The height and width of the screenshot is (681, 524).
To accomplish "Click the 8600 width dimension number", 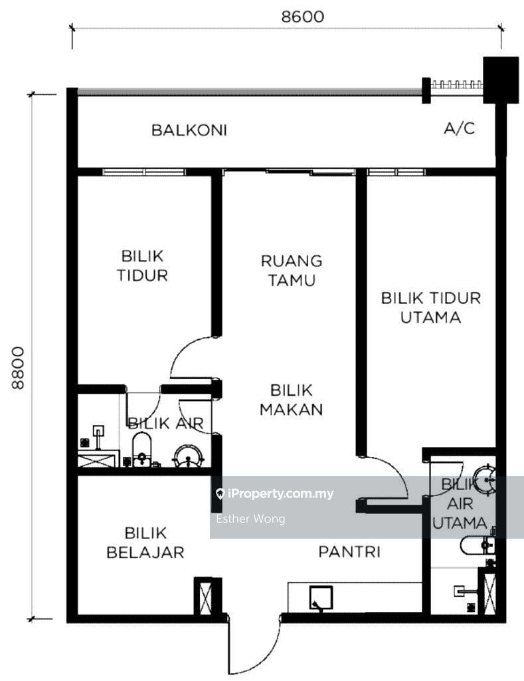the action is pos(302,17).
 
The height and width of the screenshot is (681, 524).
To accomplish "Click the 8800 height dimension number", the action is pos(18,367).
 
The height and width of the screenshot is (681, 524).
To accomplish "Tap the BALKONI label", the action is pos(189,130).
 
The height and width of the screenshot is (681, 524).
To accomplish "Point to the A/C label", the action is pos(460,128).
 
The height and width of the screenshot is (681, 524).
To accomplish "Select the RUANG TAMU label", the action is pos(292,271).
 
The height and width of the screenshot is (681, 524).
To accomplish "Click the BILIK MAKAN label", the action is pos(291,400).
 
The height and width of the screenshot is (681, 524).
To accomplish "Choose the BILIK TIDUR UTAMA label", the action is pos(431,307).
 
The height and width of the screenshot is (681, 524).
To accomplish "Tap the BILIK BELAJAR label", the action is pos(145,543).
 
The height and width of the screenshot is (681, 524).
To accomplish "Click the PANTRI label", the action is pos(349,551).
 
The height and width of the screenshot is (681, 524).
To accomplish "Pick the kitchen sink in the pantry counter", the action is pos(321,598).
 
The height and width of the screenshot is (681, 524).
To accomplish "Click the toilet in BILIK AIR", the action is pos(142,450).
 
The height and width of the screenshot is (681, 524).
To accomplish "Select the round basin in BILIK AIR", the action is pos(188,456).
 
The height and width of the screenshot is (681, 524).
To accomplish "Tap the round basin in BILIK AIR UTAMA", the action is pos(484,479).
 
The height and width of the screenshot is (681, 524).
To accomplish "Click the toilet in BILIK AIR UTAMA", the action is pos(477,545).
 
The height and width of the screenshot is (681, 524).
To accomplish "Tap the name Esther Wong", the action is pos(251,519).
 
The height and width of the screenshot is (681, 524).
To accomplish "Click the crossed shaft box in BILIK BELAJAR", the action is pos(204,596).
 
